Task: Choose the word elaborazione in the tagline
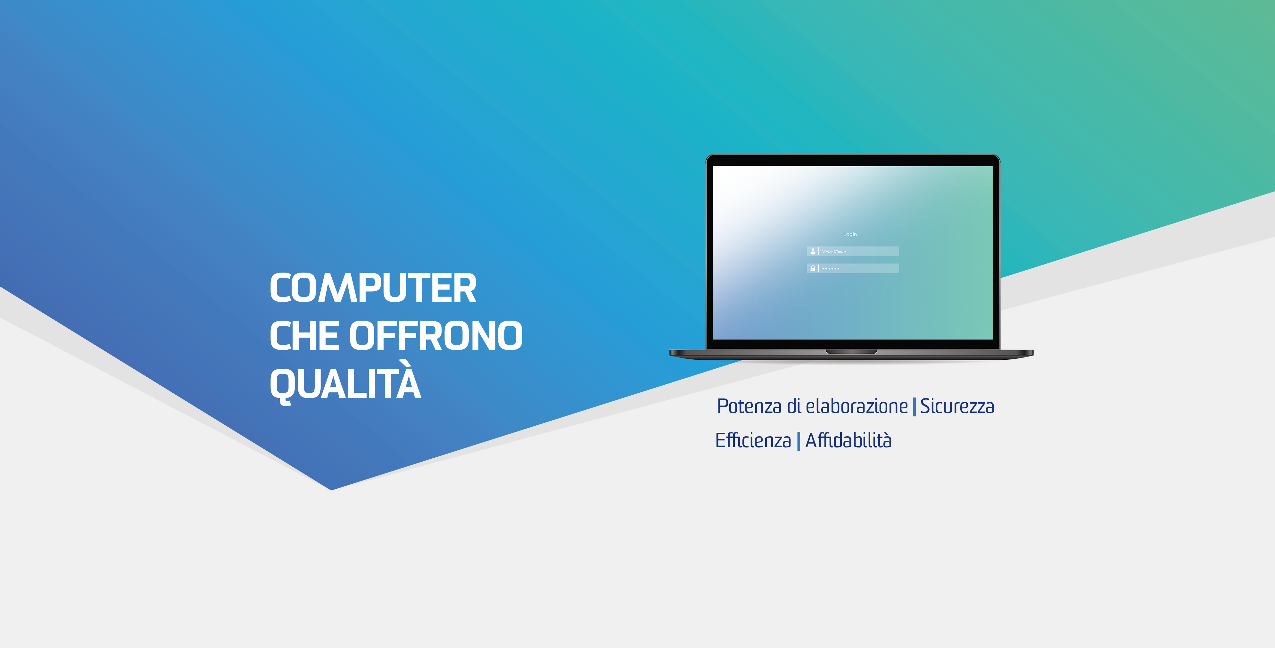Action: (857, 406)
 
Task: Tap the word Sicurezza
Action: (957, 406)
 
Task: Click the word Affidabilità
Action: (849, 440)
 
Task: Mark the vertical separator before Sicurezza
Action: (914, 406)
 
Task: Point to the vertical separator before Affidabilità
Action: (799, 441)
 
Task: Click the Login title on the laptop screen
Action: (850, 234)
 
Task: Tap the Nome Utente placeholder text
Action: (833, 251)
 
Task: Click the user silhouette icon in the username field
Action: (813, 251)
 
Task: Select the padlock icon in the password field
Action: (813, 268)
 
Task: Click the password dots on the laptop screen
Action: (831, 269)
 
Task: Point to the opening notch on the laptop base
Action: (851, 351)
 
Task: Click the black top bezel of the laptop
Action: (853, 160)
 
